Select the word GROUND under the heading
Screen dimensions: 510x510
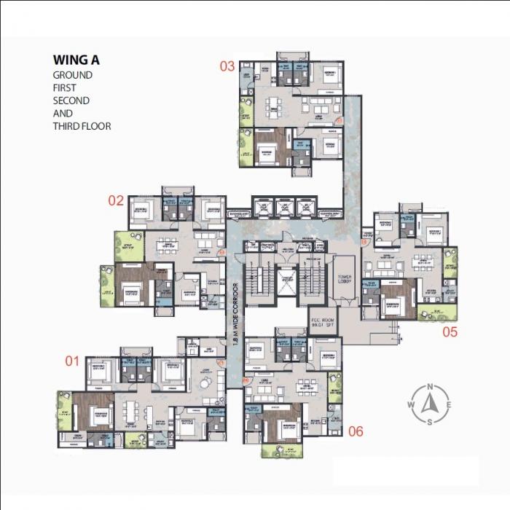72,75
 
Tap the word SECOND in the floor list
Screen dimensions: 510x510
71,101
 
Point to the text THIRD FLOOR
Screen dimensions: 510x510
82,126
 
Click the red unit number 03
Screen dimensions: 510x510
227,66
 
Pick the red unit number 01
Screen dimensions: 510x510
72,360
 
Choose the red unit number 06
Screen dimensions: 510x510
355,431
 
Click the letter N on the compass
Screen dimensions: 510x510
430,387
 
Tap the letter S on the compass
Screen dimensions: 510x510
430,422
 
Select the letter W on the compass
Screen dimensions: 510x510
412,405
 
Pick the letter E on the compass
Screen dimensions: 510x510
448,405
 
